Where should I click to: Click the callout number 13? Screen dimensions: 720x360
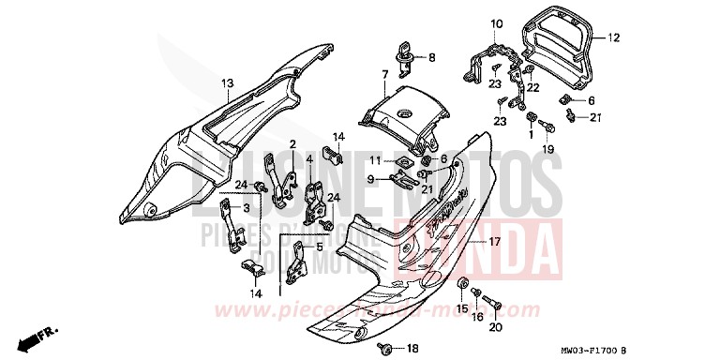click(227, 83)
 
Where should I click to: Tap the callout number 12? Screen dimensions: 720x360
click(613, 38)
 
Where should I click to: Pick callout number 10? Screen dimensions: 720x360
click(496, 22)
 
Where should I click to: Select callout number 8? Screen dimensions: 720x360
click(432, 57)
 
